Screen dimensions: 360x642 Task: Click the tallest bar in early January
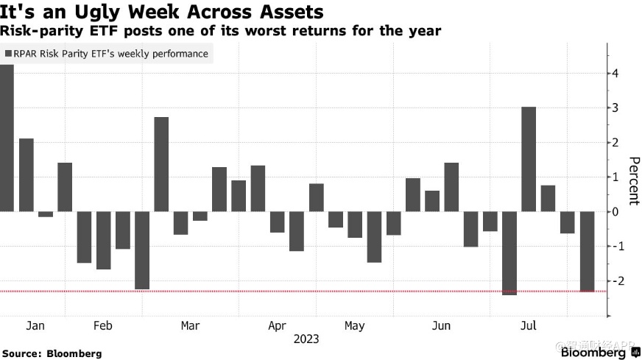pyautogui.click(x=7, y=138)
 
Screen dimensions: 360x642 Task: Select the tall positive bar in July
pyautogui.click(x=528, y=159)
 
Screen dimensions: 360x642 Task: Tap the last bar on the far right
pyautogui.click(x=586, y=251)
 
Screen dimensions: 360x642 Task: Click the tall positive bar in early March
pyautogui.click(x=161, y=164)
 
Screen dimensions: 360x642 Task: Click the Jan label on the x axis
pyautogui.click(x=35, y=326)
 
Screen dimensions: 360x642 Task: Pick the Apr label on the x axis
pyautogui.click(x=277, y=326)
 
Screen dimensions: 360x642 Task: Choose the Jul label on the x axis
pyautogui.click(x=528, y=326)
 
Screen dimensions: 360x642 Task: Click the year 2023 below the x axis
pyautogui.click(x=306, y=340)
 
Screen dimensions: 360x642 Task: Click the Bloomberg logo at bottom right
pyautogui.click(x=593, y=353)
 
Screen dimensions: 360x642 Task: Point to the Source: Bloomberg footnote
pyautogui.click(x=52, y=353)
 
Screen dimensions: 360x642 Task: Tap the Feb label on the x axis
pyautogui.click(x=103, y=326)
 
